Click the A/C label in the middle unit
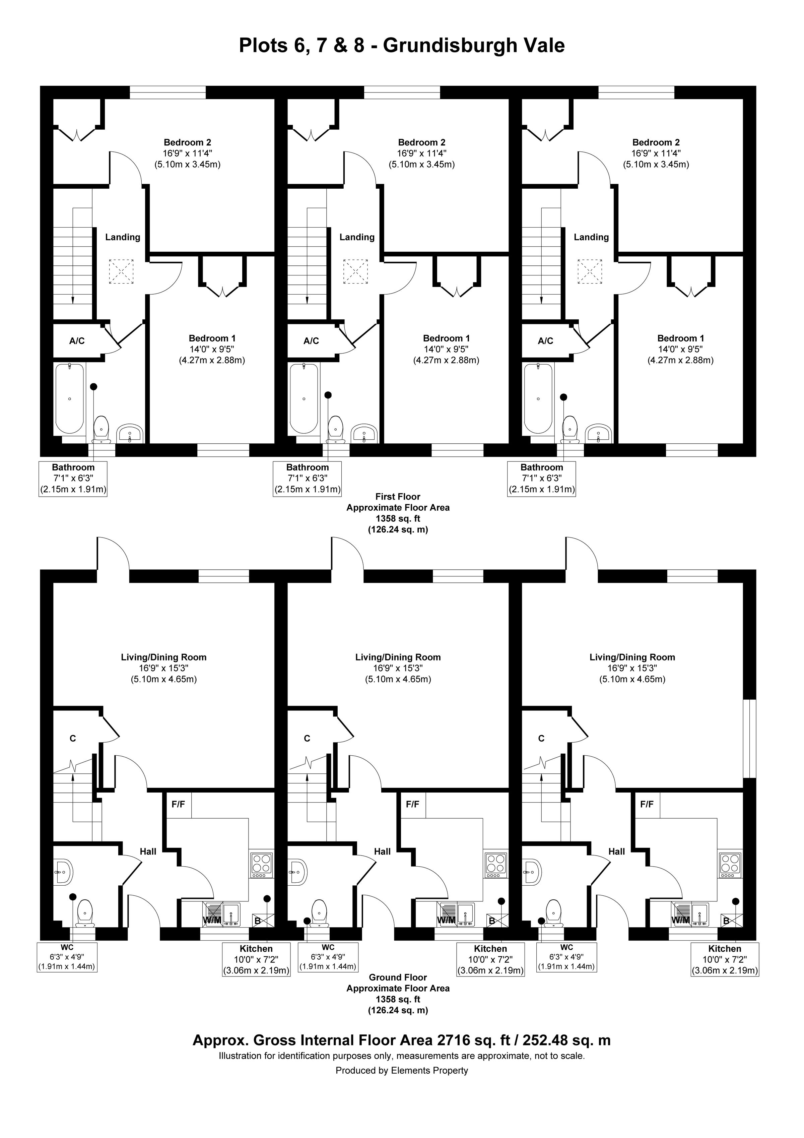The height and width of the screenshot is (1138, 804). (x=311, y=341)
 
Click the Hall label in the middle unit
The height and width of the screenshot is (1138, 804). (x=383, y=851)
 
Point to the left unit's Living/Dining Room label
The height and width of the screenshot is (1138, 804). (x=163, y=657)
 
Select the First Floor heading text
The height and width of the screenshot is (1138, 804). (x=398, y=496)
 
